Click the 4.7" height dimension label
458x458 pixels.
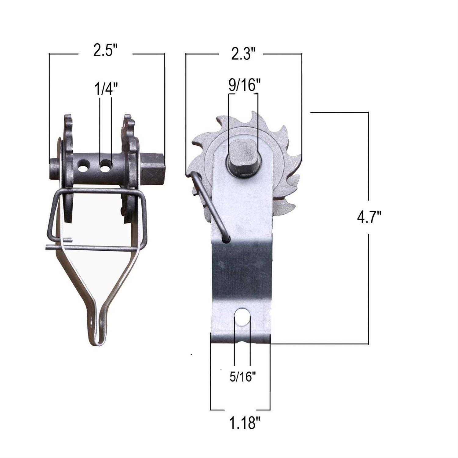(x=369, y=218)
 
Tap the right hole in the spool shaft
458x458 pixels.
(x=105, y=168)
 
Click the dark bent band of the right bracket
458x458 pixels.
(x=241, y=269)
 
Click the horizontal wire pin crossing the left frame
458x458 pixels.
(x=92, y=248)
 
